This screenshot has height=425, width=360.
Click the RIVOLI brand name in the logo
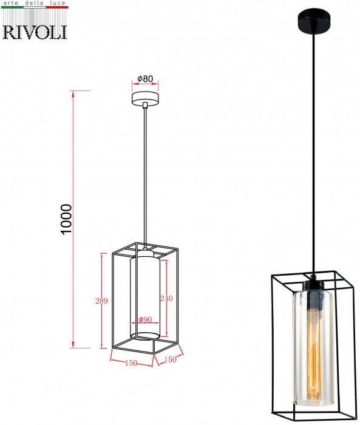(35, 32)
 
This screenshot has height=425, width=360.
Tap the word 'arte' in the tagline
(11, 3)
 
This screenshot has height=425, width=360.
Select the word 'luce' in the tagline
(58, 3)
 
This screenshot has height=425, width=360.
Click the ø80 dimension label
(145, 78)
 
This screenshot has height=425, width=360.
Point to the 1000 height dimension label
(66, 219)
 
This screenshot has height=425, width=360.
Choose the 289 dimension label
(101, 301)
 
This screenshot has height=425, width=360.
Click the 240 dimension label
(166, 298)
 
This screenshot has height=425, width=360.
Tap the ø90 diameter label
(145, 319)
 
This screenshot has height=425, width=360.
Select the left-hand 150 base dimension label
(131, 362)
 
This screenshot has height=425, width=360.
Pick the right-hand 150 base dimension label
(171, 359)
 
